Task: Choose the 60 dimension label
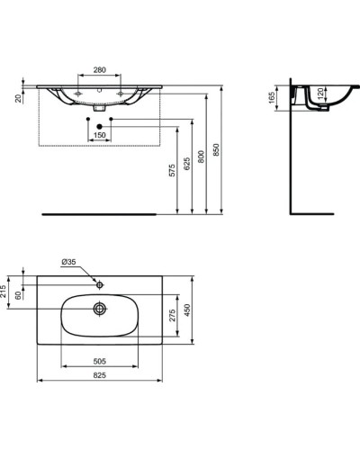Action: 20,295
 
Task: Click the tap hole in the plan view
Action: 101,285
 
